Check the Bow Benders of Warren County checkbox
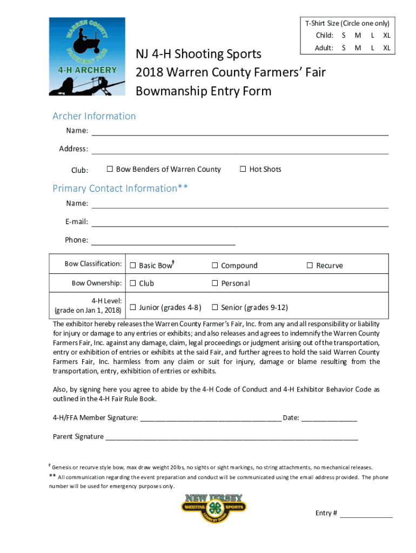[x=110, y=170]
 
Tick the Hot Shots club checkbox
[x=243, y=170]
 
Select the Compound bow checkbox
[x=214, y=266]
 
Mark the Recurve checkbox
[x=310, y=266]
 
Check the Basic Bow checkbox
[x=132, y=266]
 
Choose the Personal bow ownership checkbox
[x=214, y=284]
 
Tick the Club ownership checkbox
[x=132, y=284]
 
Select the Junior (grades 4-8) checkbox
[x=132, y=308]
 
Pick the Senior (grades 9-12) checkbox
[x=214, y=308]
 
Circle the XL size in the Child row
[x=387, y=36]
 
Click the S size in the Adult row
[x=344, y=48]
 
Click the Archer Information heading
[x=94, y=116]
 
